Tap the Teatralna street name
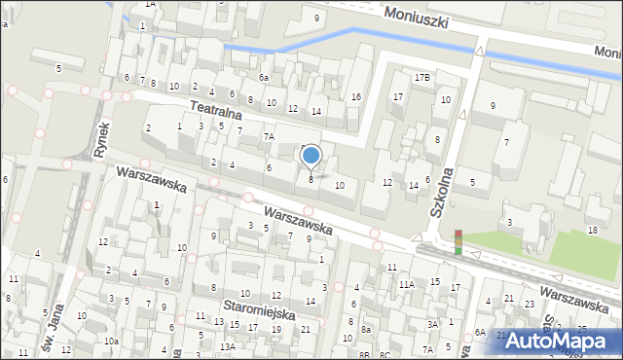215,109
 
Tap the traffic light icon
458,241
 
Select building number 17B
421,76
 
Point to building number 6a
264,77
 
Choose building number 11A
406,283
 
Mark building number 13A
227,346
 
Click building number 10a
112,341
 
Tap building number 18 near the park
593,230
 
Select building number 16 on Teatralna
356,96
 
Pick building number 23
529,304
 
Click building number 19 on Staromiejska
275,329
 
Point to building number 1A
150,4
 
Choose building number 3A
431,324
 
